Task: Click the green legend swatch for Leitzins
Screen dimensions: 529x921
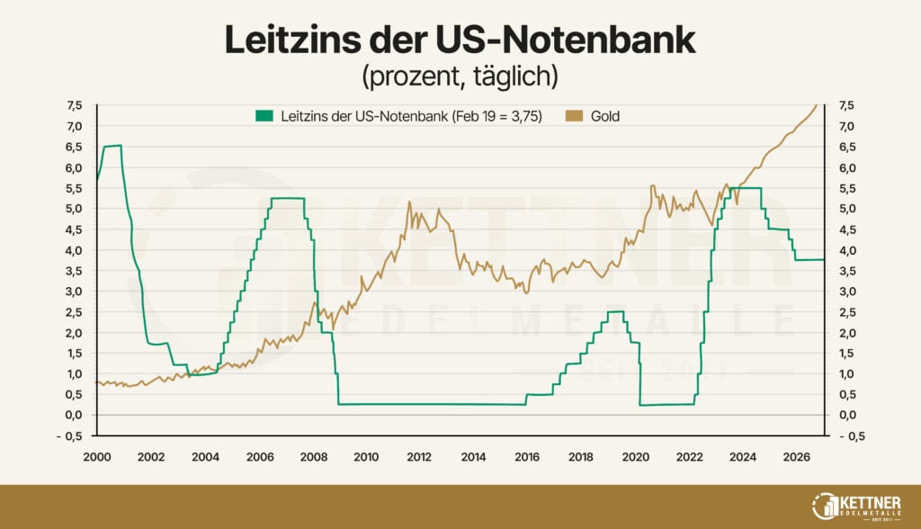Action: [264, 116]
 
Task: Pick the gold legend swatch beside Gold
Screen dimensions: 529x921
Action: [572, 116]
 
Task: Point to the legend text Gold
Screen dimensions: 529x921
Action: [604, 116]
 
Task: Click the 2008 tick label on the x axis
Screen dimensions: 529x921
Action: [311, 457]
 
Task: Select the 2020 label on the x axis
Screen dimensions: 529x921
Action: [635, 457]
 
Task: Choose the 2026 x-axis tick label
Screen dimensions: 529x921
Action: [797, 457]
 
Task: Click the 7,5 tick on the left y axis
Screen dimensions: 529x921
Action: [75, 105]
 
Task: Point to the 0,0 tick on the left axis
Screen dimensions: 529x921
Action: [75, 415]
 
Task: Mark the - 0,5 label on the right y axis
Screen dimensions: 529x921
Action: [851, 435]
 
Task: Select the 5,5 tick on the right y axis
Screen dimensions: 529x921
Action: [847, 188]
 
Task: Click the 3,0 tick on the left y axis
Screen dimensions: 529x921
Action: [75, 291]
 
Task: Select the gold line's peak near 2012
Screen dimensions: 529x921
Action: [409, 202]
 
